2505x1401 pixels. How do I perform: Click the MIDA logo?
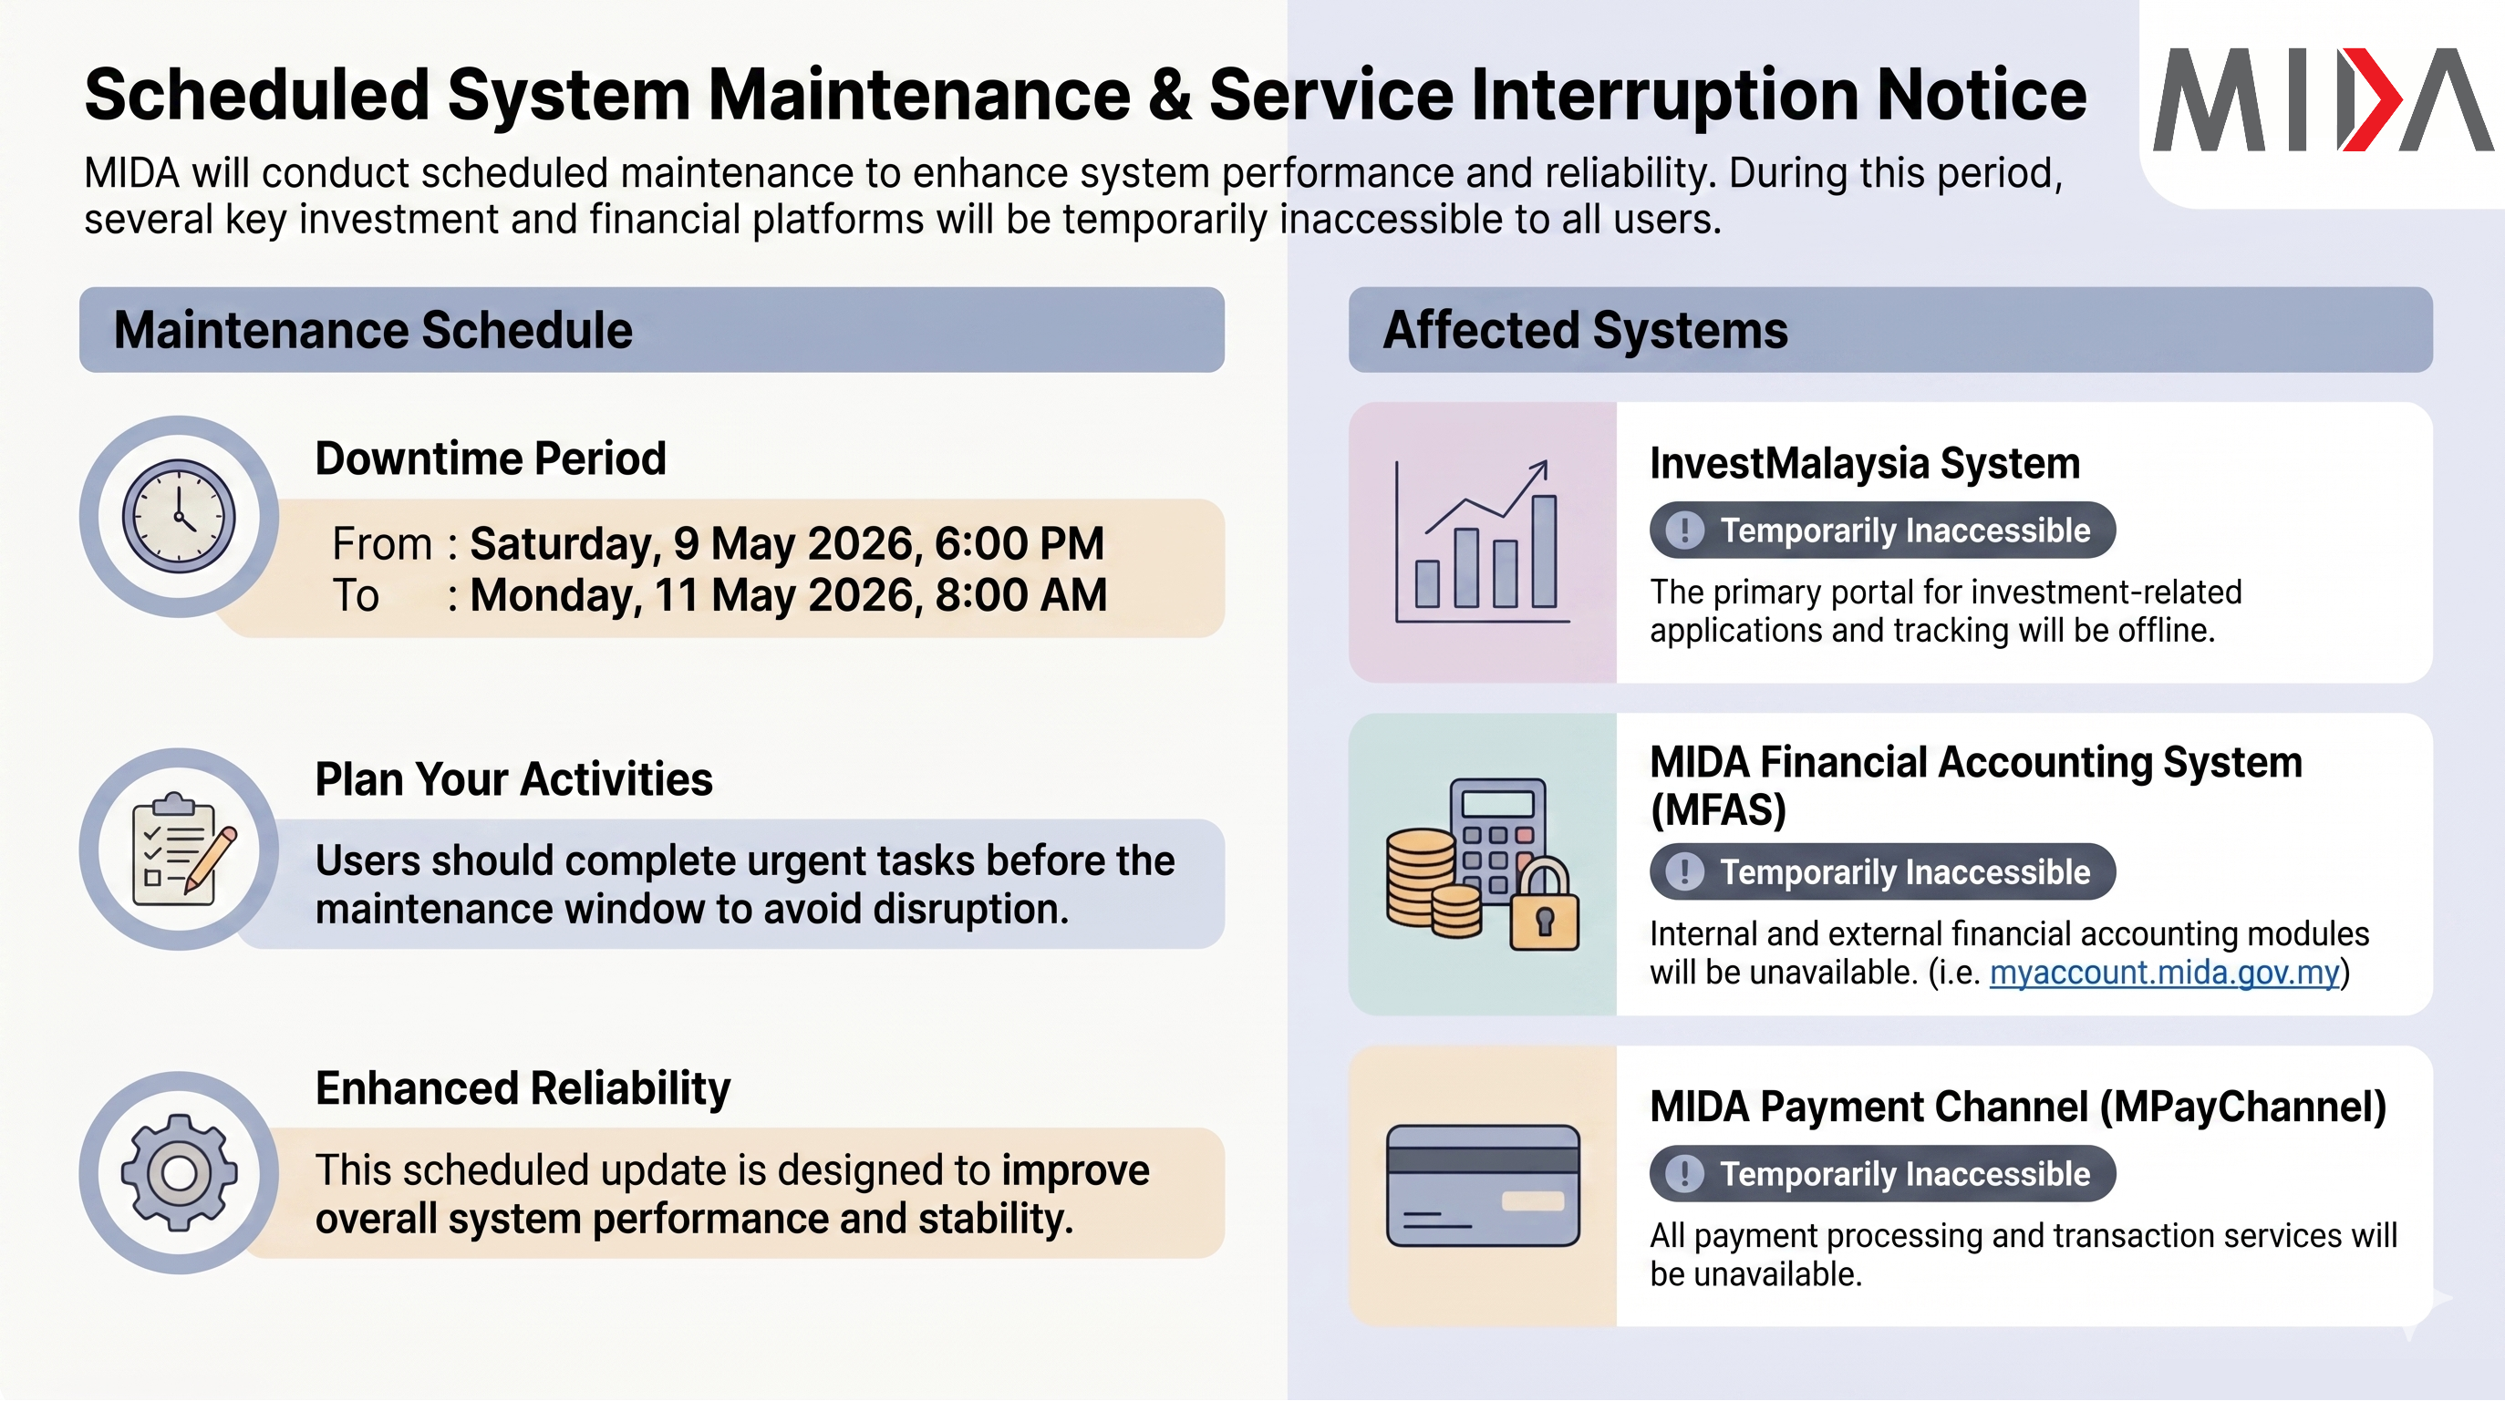coord(2323,99)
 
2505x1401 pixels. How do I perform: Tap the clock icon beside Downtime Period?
coord(179,516)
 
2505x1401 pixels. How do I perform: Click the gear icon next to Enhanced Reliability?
coord(179,1172)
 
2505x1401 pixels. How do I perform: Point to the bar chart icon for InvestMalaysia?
coord(1482,541)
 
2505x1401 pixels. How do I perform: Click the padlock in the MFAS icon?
coord(1544,904)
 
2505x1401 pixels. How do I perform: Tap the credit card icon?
coord(1483,1186)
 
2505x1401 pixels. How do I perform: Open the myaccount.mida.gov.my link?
coord(2164,973)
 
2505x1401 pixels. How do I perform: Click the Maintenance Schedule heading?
coord(373,330)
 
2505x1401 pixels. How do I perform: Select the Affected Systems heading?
coord(1585,330)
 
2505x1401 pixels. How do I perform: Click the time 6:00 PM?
coord(1020,543)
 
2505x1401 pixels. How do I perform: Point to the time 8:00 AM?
coord(1020,595)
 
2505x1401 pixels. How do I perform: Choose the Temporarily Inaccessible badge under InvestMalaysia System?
coord(1883,531)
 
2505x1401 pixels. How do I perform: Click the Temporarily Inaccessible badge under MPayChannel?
coord(1883,1173)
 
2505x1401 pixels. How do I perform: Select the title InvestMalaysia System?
coord(1864,464)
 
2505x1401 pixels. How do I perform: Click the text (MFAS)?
coord(1718,809)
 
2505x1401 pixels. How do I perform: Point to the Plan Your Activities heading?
coord(513,778)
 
